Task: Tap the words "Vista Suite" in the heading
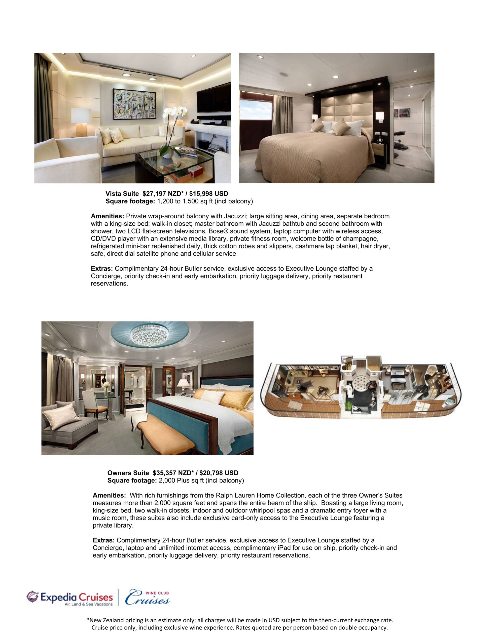click(x=122, y=194)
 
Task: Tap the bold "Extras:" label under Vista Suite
click(x=102, y=269)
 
